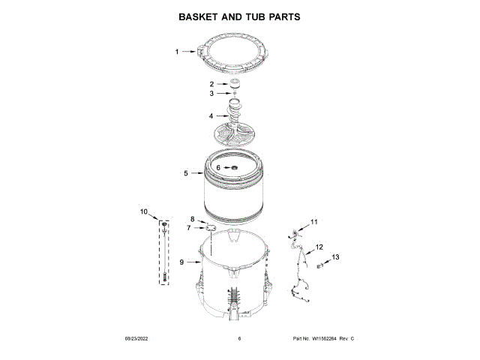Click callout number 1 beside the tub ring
coord(178,52)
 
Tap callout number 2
coord(211,84)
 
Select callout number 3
coord(211,94)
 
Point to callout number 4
coord(211,116)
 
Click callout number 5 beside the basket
coord(186,173)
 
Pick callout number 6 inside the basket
coord(219,168)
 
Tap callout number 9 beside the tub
coord(181,262)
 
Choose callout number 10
coord(144,212)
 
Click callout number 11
coord(314,222)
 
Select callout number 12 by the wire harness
coord(319,247)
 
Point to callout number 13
coord(335,257)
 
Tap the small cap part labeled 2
coord(233,83)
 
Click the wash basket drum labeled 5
coord(233,196)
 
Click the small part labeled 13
coord(319,265)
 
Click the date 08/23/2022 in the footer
coord(135,339)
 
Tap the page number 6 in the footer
coord(239,339)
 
